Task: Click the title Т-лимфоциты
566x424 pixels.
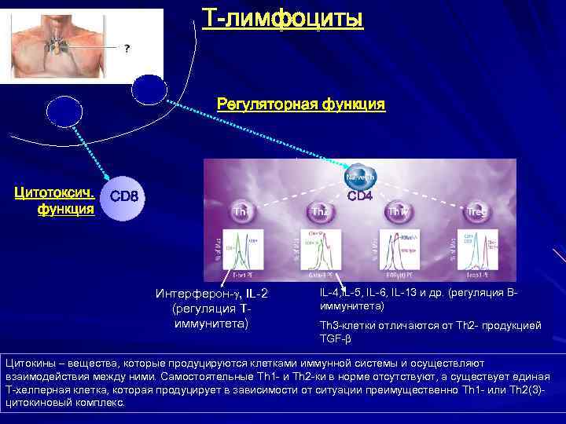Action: point(283,17)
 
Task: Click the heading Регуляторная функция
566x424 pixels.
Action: point(301,104)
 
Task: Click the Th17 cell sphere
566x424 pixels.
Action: point(398,210)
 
